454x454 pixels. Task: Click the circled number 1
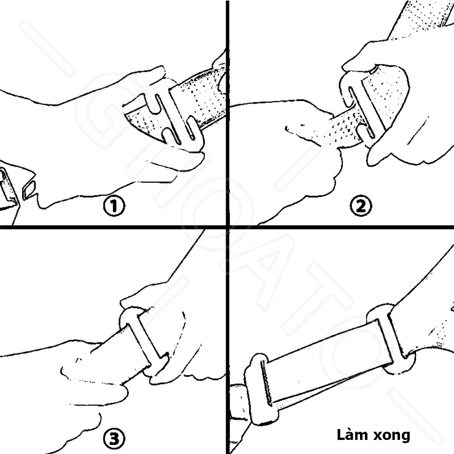[x=113, y=207]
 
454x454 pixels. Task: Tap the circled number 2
[x=361, y=207]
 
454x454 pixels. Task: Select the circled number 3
[x=113, y=439]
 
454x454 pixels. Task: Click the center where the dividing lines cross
[x=227, y=226]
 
